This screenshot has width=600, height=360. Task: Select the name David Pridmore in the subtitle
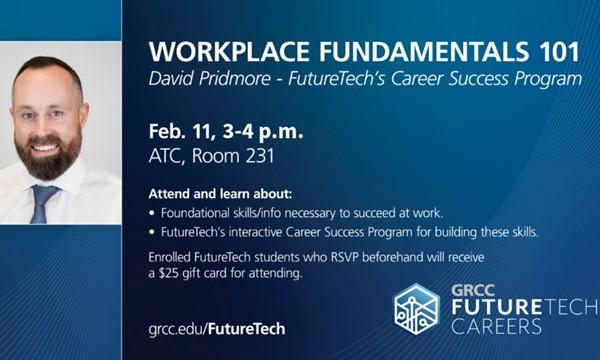(x=211, y=78)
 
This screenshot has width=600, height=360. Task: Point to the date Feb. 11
(x=183, y=132)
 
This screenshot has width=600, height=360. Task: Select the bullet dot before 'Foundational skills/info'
(x=151, y=212)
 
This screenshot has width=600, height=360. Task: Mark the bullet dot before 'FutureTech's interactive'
(x=151, y=233)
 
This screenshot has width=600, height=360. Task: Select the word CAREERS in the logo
(x=497, y=326)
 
